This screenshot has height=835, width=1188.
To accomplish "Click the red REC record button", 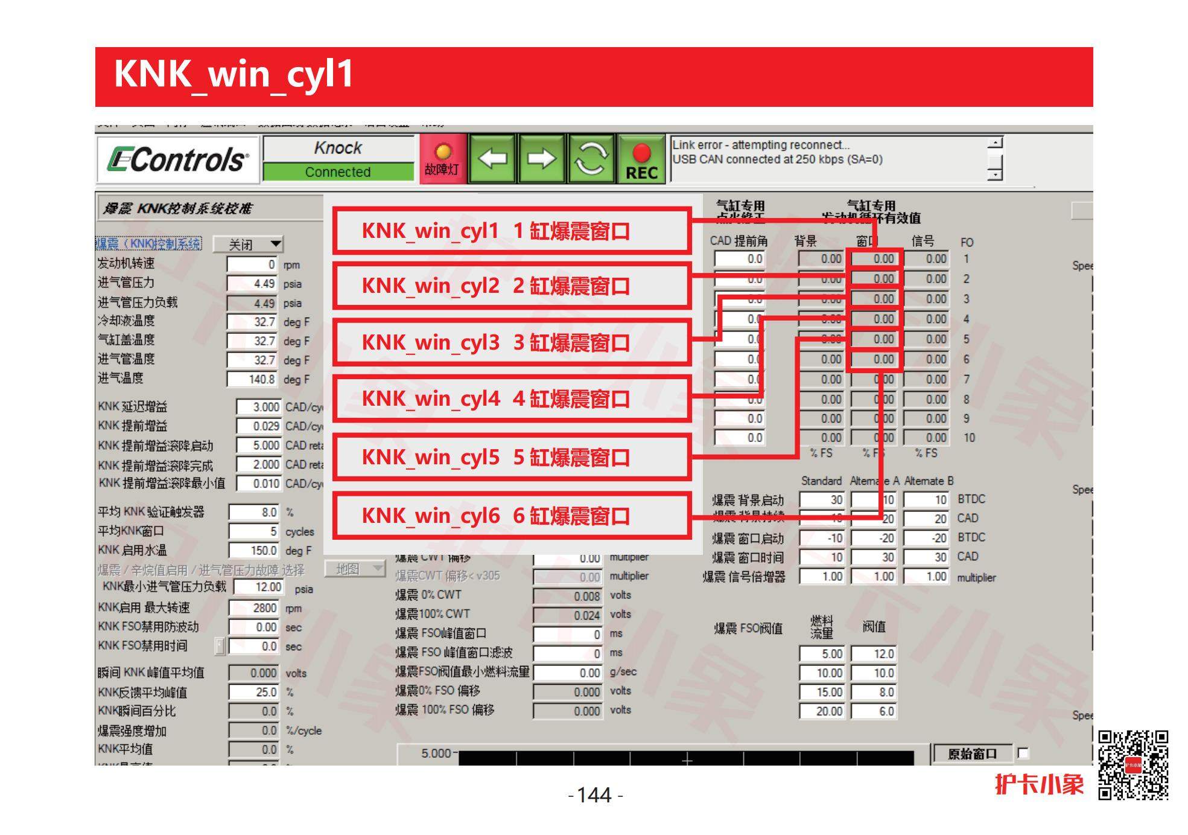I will click(x=641, y=159).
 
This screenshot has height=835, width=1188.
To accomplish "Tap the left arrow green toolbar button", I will click(x=492, y=159).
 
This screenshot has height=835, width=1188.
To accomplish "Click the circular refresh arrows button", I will click(x=591, y=159).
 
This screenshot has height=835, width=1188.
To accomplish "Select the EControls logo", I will click(x=178, y=159).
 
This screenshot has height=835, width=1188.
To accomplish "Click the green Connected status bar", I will click(x=338, y=172).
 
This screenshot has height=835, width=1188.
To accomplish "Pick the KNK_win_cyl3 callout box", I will click(x=512, y=342).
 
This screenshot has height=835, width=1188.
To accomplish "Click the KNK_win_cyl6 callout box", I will click(x=512, y=516).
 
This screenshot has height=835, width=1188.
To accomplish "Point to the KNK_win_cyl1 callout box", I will click(x=512, y=231).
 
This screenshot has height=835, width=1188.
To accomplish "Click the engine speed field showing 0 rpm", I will click(x=252, y=264).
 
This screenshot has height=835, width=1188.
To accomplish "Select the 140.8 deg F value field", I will click(x=252, y=379).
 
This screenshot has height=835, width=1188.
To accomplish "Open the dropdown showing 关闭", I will click(x=248, y=245).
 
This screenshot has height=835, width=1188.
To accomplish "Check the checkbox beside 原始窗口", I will click(x=1023, y=753).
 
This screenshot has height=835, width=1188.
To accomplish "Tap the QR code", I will click(x=1132, y=765).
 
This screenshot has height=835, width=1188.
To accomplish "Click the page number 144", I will click(x=595, y=795).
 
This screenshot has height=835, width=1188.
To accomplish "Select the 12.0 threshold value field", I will click(x=873, y=654).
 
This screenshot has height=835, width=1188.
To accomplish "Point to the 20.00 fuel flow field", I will click(x=821, y=711).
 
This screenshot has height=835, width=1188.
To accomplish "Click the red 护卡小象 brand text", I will click(x=1039, y=784).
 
